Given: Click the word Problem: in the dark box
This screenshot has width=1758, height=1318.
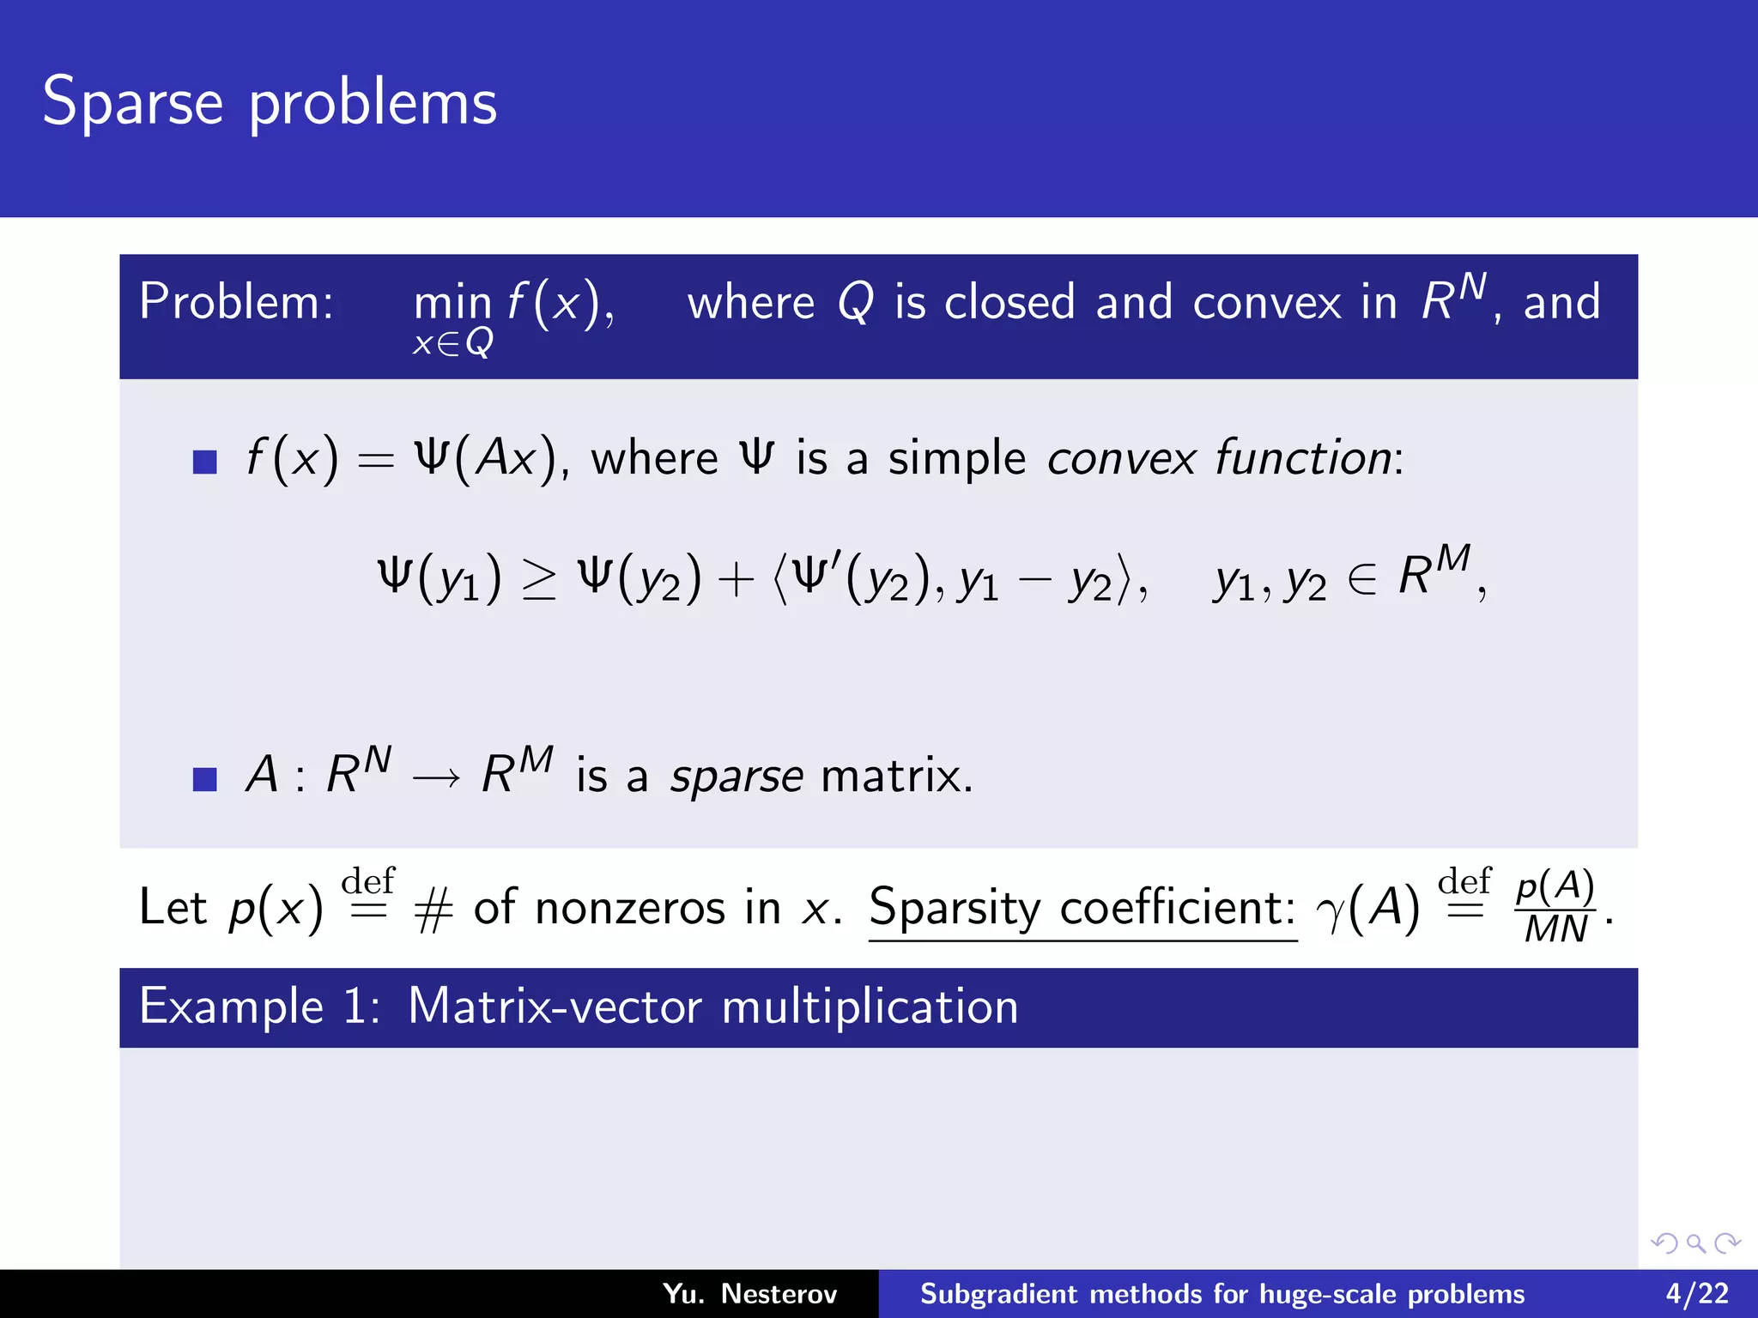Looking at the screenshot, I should point(236,302).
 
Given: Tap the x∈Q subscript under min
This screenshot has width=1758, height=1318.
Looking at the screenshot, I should point(452,343).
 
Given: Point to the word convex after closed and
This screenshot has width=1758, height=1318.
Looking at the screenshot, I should point(1267,303).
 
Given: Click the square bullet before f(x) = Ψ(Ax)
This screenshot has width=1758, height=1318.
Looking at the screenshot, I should point(204,462).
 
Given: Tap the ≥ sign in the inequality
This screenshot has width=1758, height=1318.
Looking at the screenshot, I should point(539,579).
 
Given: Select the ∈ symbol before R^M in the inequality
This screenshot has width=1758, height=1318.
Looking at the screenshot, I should point(1361,579).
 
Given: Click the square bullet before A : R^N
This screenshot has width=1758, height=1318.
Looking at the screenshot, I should point(204,779).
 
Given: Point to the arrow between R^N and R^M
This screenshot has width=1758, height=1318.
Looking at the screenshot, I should point(436,777).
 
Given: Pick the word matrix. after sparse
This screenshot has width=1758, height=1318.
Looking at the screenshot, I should point(896,776).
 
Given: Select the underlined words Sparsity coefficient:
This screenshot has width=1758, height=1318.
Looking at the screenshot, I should point(1082,908).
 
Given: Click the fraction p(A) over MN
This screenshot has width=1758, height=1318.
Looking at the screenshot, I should point(1555,908).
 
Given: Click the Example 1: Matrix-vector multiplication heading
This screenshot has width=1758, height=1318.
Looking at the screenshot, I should point(579,1007).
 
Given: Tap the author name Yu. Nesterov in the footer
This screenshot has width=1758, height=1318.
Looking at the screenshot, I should point(749,1293).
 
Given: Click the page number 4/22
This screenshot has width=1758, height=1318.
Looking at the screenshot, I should point(1696,1293).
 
